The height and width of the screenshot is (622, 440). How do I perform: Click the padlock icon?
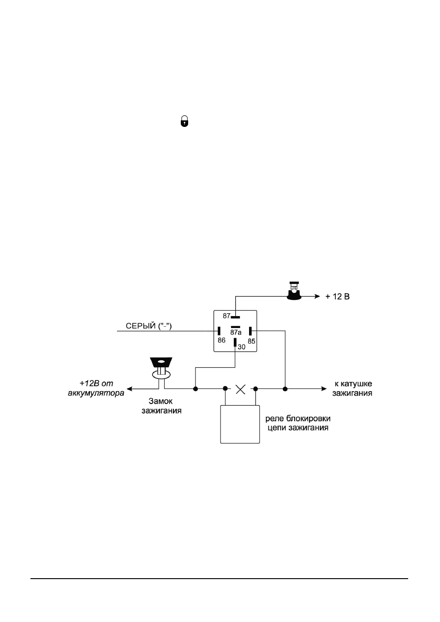coord(184,121)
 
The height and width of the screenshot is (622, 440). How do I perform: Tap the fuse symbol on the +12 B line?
coord(294,291)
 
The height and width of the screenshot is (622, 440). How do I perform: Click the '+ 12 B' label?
coord(337,297)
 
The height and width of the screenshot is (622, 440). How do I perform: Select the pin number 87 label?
coord(226,316)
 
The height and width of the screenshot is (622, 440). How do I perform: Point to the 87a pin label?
coord(236,332)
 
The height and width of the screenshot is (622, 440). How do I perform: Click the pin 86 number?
coord(221,340)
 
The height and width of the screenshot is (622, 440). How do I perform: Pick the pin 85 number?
coord(251,341)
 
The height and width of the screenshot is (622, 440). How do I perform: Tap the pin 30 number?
coord(242,347)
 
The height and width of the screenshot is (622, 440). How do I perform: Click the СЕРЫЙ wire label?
coord(149,326)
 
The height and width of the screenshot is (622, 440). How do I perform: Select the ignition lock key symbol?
coord(161,368)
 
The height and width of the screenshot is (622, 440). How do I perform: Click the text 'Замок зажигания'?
coord(161,406)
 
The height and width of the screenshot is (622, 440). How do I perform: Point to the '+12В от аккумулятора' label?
coord(96,388)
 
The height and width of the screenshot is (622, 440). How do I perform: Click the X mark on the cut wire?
coord(240,389)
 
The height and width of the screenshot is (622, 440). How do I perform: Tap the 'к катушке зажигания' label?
coord(352,389)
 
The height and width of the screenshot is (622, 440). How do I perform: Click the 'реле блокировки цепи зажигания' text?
coord(298,423)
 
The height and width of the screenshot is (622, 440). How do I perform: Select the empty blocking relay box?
coord(240,425)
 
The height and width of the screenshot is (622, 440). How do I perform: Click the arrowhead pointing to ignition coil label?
coord(324,389)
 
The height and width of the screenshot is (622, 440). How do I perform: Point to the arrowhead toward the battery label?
coord(130,389)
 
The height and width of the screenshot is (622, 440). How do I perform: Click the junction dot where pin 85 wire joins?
coord(285,389)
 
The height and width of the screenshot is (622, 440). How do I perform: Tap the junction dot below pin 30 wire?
coord(196,389)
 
